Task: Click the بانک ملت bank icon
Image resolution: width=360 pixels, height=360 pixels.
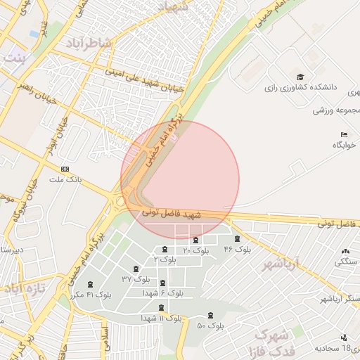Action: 65,169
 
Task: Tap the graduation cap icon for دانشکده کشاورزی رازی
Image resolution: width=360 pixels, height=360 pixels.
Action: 300,77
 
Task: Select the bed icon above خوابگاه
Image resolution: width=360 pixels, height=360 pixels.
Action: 343,134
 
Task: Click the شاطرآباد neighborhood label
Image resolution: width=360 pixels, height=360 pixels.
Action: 89,44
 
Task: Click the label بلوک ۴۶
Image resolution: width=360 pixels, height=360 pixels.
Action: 238,250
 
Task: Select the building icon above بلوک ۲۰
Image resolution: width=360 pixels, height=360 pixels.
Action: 195,240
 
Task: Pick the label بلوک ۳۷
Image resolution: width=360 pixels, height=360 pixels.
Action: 136,279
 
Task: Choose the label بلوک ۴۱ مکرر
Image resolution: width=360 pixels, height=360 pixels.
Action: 90,294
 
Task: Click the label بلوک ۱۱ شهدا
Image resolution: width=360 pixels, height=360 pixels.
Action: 161,318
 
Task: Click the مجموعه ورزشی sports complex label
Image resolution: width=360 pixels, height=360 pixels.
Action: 337,110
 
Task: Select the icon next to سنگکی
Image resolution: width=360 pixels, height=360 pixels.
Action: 345,251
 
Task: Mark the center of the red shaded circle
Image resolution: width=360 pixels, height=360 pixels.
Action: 180,179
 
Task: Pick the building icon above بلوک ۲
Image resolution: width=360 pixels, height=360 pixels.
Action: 165,250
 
